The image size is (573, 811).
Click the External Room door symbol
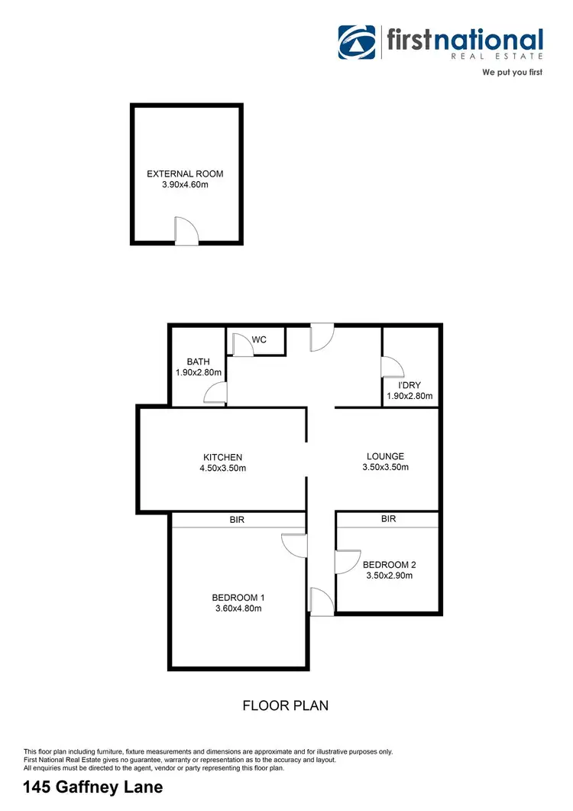click(186, 231)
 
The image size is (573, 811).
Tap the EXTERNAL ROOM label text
click(185, 174)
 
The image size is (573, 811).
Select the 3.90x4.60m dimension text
click(185, 185)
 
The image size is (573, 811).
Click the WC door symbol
click(243, 345)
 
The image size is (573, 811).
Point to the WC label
click(259, 339)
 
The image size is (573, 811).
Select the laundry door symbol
click(393, 367)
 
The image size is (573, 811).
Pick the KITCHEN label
click(222, 458)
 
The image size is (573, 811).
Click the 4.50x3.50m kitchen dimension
click(222, 469)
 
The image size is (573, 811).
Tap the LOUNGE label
click(385, 456)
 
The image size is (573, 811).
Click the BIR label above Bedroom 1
click(237, 520)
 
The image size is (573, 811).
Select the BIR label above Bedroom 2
click(388, 519)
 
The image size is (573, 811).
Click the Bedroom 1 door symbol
click(294, 546)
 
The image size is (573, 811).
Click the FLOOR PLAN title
click(286, 706)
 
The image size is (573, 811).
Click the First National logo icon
click(358, 43)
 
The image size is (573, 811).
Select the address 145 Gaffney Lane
click(93, 787)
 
